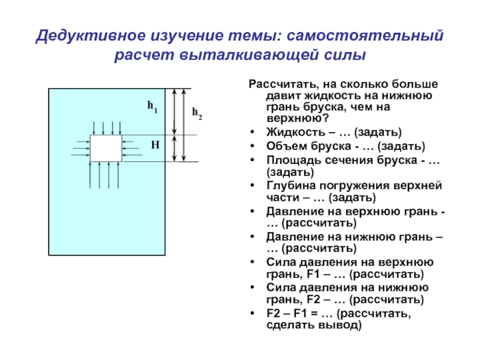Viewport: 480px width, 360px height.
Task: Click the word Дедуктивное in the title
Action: pos(91,36)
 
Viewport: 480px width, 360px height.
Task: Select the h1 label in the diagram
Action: pos(152,107)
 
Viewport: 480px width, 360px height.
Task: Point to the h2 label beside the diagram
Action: pos(197,113)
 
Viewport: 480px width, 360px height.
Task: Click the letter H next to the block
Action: pos(155,145)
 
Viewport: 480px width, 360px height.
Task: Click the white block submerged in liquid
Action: pos(106,148)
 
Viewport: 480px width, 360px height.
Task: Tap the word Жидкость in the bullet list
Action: pos(296,132)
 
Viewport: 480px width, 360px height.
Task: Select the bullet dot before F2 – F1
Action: pos(252,313)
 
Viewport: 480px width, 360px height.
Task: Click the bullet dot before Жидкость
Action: pos(252,132)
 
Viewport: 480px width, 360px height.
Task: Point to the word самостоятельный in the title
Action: pos(365,35)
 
